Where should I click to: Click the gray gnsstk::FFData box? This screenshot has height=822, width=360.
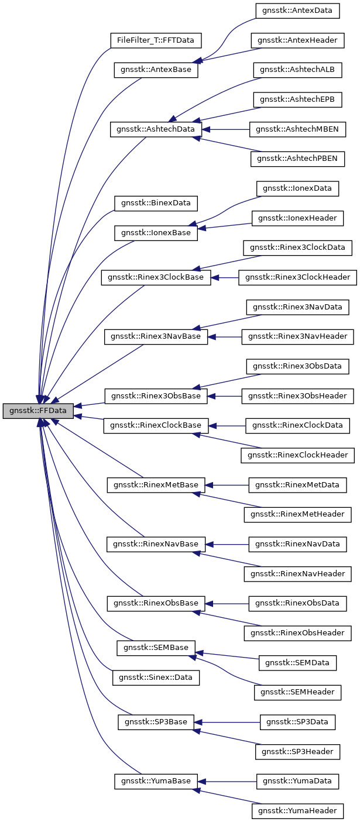tap(38, 411)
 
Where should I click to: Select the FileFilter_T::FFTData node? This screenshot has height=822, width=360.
tap(156, 40)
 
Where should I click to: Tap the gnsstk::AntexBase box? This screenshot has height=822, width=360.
tap(156, 70)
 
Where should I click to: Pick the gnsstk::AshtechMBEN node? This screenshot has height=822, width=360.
tap(297, 129)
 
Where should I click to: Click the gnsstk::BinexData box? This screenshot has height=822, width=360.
tap(156, 203)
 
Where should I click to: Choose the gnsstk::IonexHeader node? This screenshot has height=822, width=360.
tap(297, 218)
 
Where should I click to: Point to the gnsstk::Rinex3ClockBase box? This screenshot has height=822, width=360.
tap(156, 277)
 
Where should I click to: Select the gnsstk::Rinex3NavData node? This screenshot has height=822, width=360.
tap(297, 307)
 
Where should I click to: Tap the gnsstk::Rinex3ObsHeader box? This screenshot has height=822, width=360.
tap(298, 396)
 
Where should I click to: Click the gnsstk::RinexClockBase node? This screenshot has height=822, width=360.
tap(156, 425)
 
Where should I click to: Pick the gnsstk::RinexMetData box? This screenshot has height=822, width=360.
tap(298, 485)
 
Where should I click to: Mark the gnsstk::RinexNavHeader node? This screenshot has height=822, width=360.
tap(298, 574)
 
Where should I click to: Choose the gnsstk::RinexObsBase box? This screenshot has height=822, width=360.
tap(156, 603)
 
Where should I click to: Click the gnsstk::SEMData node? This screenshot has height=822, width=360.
tap(298, 663)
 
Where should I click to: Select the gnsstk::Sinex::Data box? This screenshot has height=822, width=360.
tap(156, 677)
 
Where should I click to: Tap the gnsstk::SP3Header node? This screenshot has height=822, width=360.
tap(297, 752)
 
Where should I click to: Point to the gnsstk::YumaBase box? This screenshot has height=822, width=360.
tap(156, 781)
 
